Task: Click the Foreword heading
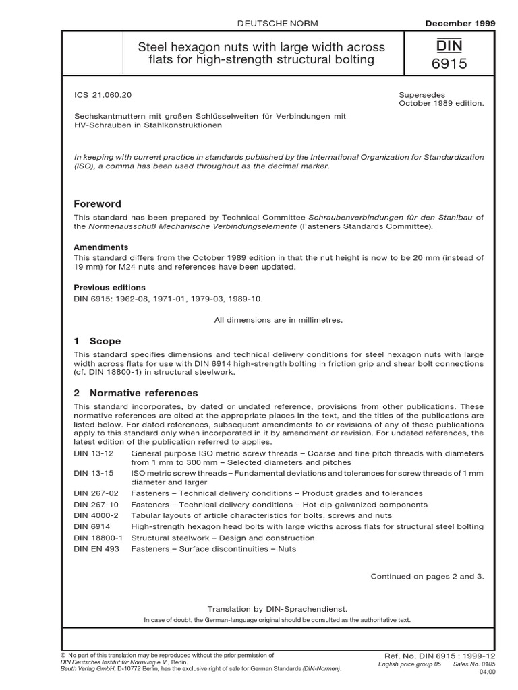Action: (x=97, y=203)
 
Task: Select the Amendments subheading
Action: (x=100, y=248)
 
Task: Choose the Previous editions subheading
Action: (x=109, y=287)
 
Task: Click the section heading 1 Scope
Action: (x=97, y=342)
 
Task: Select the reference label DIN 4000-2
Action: (x=92, y=515)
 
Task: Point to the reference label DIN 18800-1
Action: (x=95, y=538)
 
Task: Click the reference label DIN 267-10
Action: (x=92, y=504)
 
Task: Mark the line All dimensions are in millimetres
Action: (x=279, y=320)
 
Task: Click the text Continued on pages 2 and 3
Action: (x=428, y=576)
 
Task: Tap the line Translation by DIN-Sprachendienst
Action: (x=278, y=608)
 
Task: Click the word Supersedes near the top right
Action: (x=419, y=94)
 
